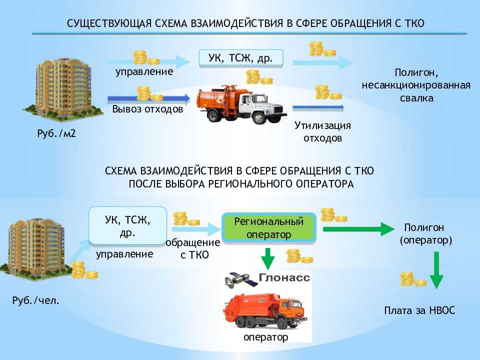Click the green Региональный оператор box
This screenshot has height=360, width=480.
(x=269, y=228)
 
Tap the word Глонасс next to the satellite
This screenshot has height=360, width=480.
(x=284, y=277)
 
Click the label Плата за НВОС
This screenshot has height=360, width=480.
(x=419, y=310)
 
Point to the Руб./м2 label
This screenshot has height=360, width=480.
(x=56, y=133)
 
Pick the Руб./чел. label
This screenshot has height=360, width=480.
(x=36, y=300)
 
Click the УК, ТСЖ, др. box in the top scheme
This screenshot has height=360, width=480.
(x=241, y=58)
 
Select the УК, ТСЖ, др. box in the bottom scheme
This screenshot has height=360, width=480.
(x=127, y=225)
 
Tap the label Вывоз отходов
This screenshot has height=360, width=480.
(x=147, y=109)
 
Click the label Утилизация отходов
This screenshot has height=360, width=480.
(x=322, y=131)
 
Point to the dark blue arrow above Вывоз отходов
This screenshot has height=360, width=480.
(x=149, y=98)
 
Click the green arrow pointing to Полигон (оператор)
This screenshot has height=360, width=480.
(x=359, y=229)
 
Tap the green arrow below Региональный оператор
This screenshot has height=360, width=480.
(x=268, y=259)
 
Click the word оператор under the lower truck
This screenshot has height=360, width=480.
(x=265, y=337)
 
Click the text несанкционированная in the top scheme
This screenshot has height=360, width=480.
(x=416, y=85)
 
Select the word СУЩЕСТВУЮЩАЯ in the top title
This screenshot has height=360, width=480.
(x=109, y=23)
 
